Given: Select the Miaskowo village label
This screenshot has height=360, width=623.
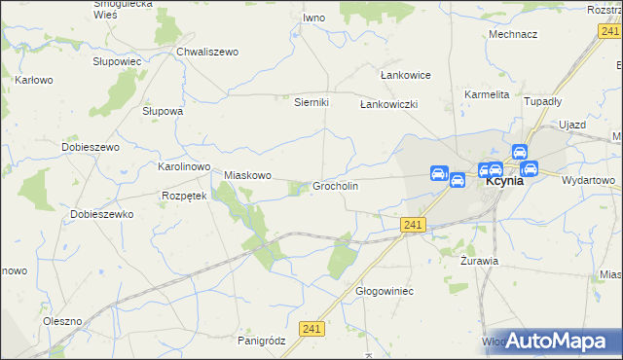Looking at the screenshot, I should point(246,175).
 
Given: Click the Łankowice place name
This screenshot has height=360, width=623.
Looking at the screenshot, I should point(404,75).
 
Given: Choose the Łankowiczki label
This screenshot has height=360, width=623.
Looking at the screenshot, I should point(388,104).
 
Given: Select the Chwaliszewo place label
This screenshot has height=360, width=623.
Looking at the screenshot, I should point(206,53).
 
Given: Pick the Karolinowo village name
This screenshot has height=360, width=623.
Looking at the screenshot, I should point(184,167).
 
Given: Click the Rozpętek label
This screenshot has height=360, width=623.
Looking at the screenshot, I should point(184,196).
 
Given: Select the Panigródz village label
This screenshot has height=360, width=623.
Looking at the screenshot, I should point(260,341).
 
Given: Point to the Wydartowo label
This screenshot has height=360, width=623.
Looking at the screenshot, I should point(589,180).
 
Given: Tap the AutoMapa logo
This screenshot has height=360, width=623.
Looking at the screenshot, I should point(563,341).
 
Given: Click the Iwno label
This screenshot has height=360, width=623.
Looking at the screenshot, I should point(313,18).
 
